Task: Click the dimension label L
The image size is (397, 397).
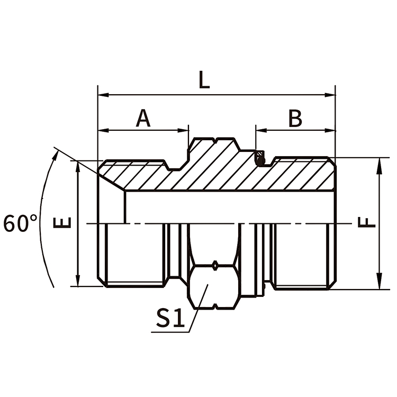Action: (204, 80)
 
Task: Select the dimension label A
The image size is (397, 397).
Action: (143, 118)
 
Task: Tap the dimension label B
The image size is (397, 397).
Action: (295, 118)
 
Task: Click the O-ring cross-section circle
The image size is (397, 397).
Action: (260, 157)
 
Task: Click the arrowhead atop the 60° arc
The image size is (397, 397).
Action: (56, 152)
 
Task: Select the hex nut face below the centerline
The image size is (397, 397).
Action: (214, 286)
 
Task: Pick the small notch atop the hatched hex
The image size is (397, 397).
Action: (216, 141)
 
